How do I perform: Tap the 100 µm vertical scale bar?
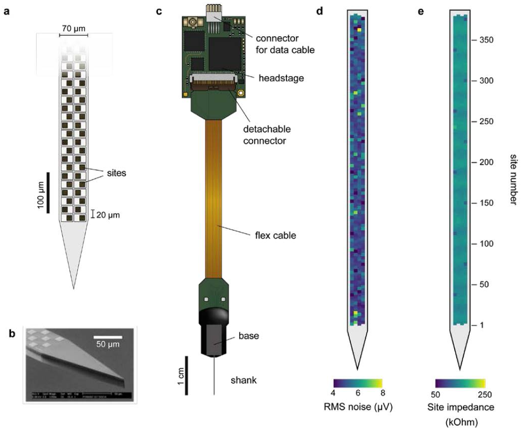[x=48, y=193]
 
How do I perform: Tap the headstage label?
[x=280, y=78]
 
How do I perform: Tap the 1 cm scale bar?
[x=186, y=376]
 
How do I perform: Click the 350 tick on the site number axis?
[x=484, y=40]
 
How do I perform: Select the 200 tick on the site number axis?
[x=484, y=162]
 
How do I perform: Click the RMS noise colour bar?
[x=358, y=382]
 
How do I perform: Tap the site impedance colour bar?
[x=460, y=382]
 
